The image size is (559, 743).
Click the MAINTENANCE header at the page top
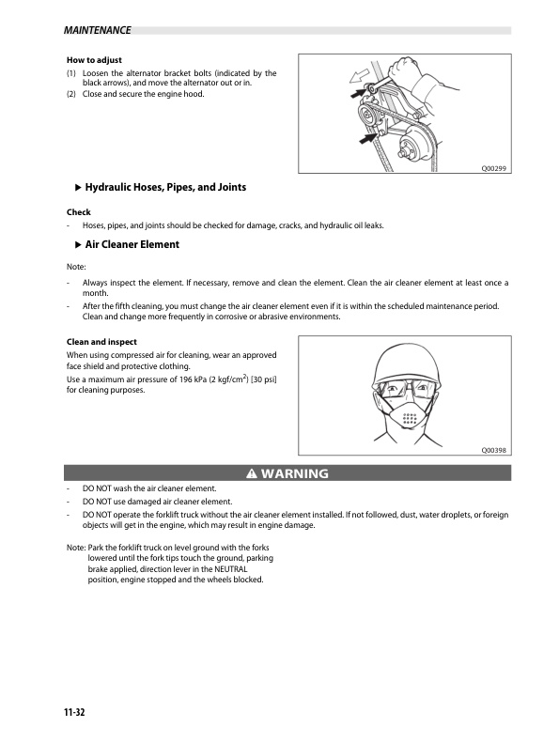click(x=98, y=30)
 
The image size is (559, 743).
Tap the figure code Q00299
click(x=494, y=168)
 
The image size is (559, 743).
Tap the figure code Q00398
click(x=494, y=450)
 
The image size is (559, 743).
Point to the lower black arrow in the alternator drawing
click(x=365, y=140)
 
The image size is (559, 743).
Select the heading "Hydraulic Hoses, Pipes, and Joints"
click(x=165, y=187)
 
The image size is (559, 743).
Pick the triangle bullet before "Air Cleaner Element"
click(x=77, y=244)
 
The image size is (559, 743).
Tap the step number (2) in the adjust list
click(x=71, y=94)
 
